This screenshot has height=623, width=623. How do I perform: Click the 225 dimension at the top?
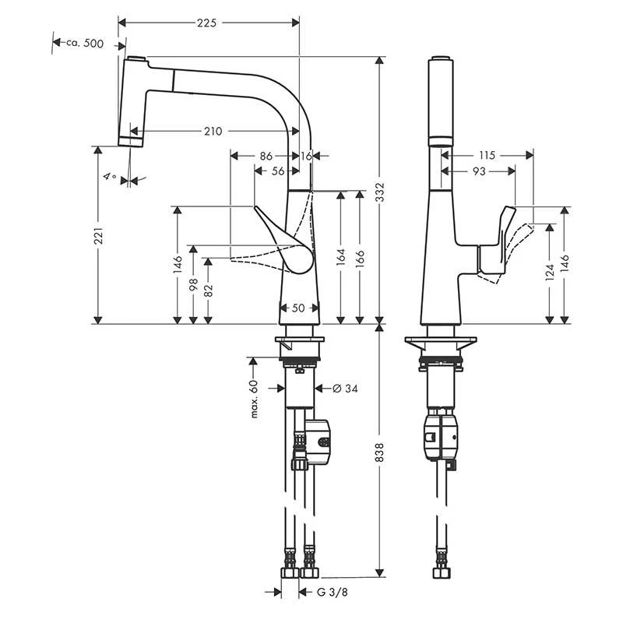pos(207,23)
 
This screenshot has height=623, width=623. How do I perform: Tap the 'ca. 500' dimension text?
pos(85,43)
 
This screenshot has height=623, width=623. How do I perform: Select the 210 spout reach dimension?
pos(213,131)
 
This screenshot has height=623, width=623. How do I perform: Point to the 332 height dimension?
pos(380,192)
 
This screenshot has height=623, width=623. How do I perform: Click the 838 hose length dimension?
pos(380,452)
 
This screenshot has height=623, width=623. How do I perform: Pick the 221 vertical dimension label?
pos(98,235)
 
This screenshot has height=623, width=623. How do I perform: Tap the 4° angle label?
pos(110,176)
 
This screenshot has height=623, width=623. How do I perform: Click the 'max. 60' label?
pos(255,399)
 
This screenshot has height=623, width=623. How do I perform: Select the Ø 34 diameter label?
pos(345,388)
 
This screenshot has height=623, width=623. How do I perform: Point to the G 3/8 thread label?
pos(333,592)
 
